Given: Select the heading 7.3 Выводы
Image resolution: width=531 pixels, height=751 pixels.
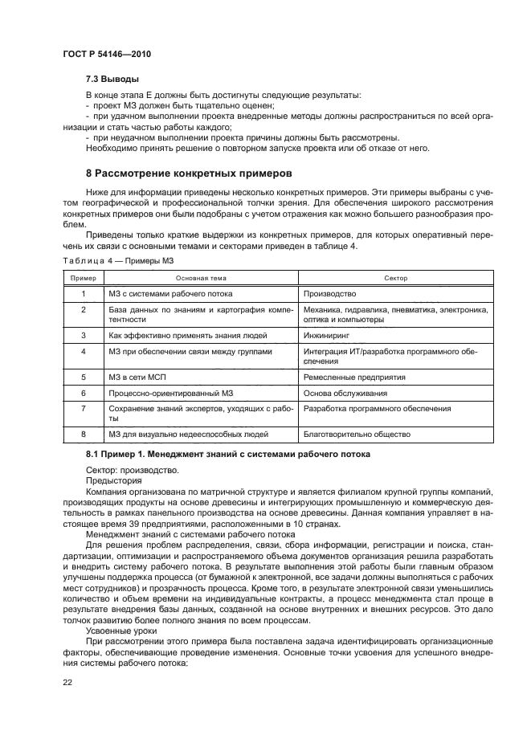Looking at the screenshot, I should [111, 80].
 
